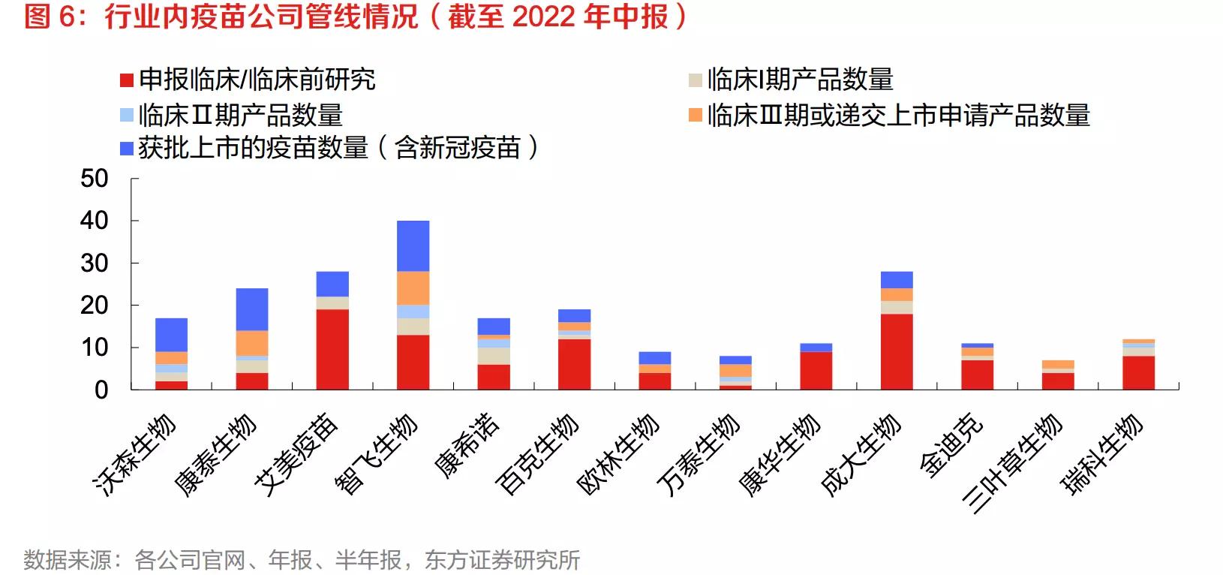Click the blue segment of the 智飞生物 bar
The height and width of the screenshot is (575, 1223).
point(413,245)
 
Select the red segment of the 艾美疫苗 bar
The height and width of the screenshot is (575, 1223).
point(332,349)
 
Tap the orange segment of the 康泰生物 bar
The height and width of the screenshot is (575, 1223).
point(252,343)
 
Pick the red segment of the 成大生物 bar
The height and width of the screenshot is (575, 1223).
point(897,351)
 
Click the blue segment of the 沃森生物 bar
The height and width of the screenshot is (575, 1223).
point(171,335)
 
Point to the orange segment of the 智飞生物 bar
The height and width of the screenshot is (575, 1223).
point(413,288)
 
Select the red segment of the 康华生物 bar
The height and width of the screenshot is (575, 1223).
point(816,370)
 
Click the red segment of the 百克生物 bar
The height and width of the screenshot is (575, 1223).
point(574,364)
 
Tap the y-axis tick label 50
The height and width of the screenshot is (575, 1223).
point(95,179)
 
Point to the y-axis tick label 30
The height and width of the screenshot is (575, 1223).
point(95,263)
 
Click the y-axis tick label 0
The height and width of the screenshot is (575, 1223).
point(101,390)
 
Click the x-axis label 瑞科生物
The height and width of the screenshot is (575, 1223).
point(1101,453)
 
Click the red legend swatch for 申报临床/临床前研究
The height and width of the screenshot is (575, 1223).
point(127,80)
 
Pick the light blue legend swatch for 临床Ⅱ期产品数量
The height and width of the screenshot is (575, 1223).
point(127,115)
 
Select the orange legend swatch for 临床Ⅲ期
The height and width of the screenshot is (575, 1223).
point(696,115)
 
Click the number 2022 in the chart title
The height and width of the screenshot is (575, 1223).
point(542,17)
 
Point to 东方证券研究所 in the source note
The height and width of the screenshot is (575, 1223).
point(502,560)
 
